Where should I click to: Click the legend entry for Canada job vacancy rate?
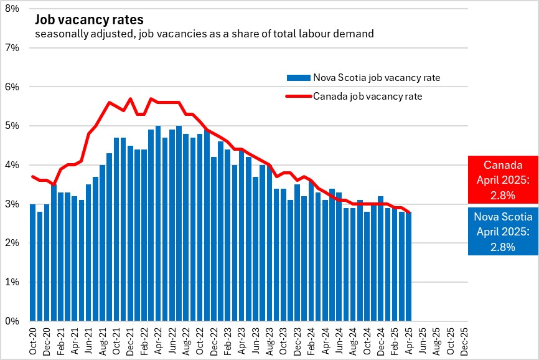coord(367,96)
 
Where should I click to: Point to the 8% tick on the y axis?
coord(12,8)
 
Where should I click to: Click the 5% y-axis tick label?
coord(12,126)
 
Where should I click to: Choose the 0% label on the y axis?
coord(12,321)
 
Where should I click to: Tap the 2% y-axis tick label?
coord(12,243)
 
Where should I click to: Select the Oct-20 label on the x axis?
coord(33,341)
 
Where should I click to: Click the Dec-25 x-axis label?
coord(464,341)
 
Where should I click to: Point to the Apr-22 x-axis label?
coord(158,341)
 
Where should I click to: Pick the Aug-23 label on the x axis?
coord(269,341)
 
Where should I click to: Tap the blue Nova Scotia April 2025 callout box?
coord(503,230)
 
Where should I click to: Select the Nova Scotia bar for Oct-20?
coord(33,262)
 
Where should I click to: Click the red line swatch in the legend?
coord(298,96)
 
